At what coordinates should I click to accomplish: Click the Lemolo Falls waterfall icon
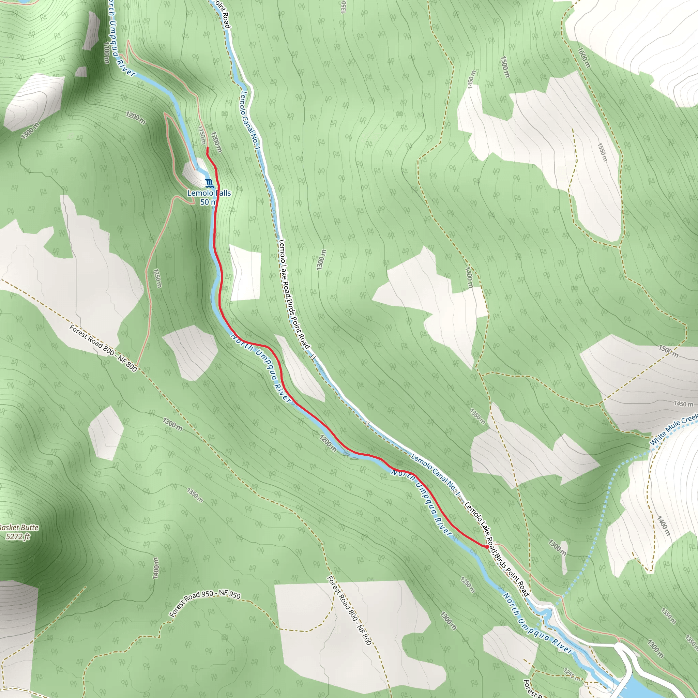[209, 183]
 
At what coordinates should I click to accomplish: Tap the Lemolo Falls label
[209, 193]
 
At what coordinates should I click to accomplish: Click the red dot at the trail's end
[487, 547]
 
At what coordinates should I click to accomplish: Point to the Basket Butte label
[18, 528]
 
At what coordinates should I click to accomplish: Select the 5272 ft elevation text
[18, 536]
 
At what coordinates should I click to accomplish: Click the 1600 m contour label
[583, 58]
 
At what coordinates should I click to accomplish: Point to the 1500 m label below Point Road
[505, 67]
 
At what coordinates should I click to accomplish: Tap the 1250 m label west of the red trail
[157, 278]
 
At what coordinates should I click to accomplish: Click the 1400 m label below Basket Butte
[155, 568]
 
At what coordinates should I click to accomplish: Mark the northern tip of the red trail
[207, 148]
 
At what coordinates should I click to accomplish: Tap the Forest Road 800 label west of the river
[103, 348]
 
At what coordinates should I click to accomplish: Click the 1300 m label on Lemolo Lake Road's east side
[321, 259]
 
